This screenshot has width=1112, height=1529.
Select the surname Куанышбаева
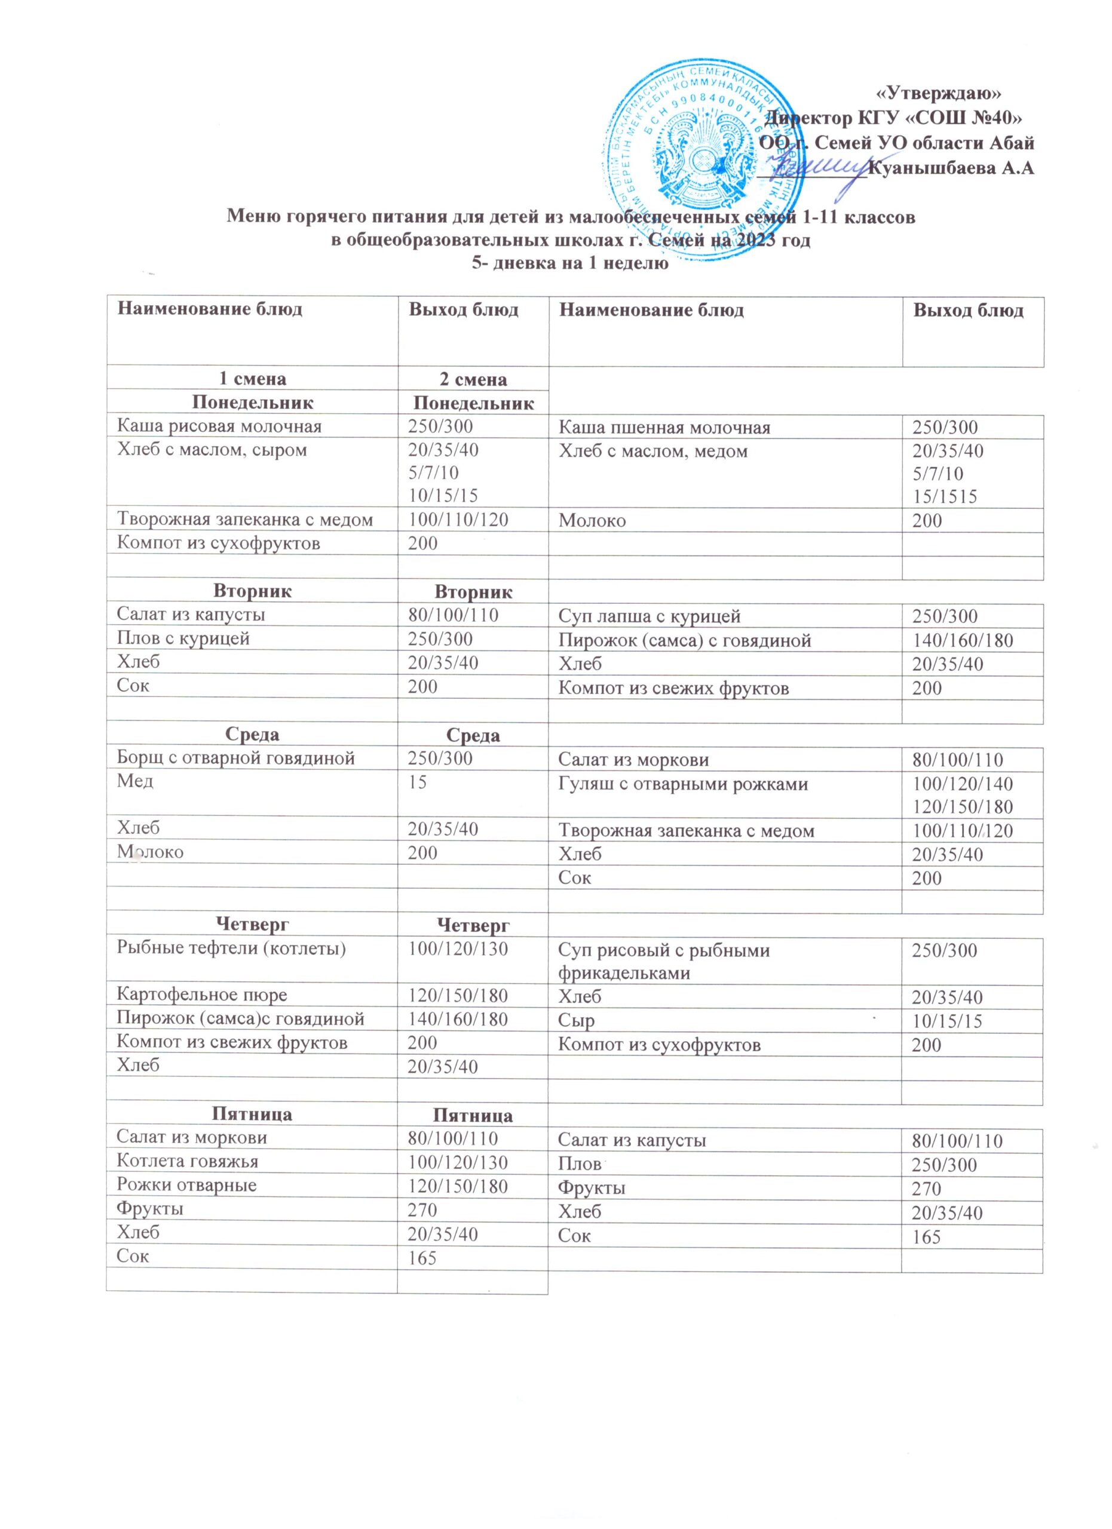coord(930,168)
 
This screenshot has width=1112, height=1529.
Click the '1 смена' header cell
coord(251,379)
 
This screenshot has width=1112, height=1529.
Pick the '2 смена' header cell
coord(473,379)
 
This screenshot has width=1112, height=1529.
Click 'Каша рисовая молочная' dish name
coord(219,426)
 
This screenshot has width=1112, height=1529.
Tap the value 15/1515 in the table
coord(944,497)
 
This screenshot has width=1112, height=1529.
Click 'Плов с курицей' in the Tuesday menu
coord(183,638)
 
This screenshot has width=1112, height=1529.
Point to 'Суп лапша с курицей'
coord(650,616)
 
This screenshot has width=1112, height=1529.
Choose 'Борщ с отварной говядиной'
coord(235,759)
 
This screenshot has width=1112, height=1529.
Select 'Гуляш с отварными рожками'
coord(682,784)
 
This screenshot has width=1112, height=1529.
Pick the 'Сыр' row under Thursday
coord(577,1021)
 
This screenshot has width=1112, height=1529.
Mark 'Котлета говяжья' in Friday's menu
coord(187,1162)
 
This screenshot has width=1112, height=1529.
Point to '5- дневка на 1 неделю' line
coord(569,263)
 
